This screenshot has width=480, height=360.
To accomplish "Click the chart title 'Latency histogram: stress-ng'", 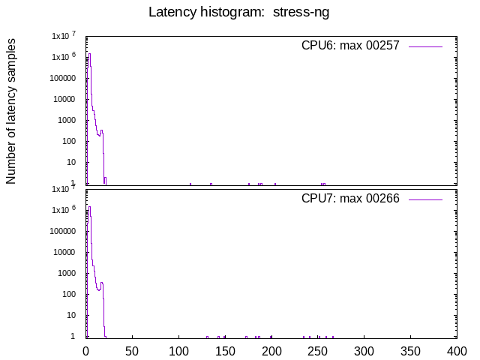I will [239, 12].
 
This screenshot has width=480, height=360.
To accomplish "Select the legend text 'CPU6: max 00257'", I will [349, 46].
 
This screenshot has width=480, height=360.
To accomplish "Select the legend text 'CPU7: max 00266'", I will [349, 199].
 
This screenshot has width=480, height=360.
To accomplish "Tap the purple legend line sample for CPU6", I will [425, 46].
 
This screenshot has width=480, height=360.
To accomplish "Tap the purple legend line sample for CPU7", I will [425, 199].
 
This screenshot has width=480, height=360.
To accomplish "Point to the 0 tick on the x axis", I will [86, 350].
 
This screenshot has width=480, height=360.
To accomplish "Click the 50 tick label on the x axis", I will [132, 350].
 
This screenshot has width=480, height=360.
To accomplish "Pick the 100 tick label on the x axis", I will [178, 350].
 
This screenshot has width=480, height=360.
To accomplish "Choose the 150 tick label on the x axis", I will [225, 350].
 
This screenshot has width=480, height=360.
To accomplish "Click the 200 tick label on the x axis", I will [271, 350].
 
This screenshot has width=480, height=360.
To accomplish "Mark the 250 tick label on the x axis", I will [318, 350].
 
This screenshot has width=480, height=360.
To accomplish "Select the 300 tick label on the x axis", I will [364, 350].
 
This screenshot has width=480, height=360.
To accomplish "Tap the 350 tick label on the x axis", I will [410, 350].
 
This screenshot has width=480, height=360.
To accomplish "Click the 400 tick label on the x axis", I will [457, 350].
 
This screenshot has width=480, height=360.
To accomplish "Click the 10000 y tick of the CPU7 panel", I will [65, 252].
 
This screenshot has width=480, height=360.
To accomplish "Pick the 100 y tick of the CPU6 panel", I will [70, 141].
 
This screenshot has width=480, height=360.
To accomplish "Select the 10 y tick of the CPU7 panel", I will [73, 315].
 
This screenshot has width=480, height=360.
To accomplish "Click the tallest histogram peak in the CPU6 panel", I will [89, 54].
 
